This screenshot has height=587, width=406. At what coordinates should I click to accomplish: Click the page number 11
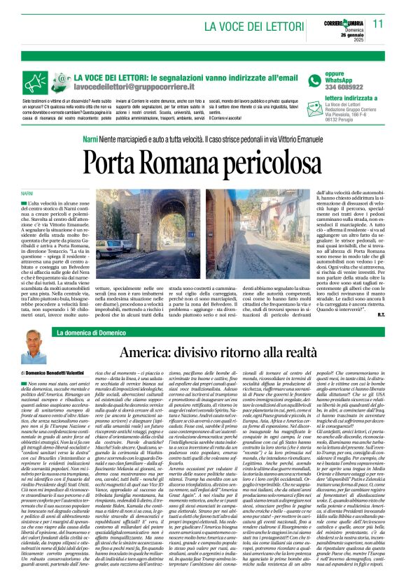coord(378,24)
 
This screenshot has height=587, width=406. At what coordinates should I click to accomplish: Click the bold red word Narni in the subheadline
coord(90,140)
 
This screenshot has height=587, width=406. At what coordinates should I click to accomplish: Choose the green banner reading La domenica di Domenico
coord(91,333)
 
